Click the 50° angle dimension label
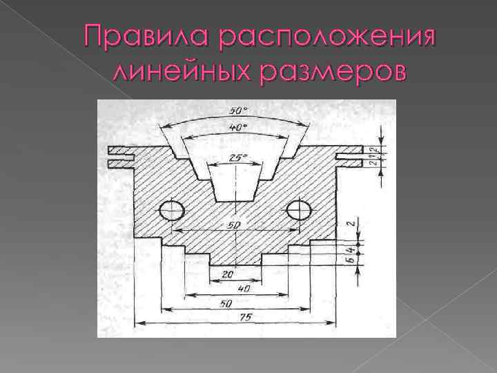tap(236, 111)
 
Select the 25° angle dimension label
tap(236, 157)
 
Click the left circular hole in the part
tap(171, 210)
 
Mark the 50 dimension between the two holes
tap(235, 225)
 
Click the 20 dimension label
tap(228, 274)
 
